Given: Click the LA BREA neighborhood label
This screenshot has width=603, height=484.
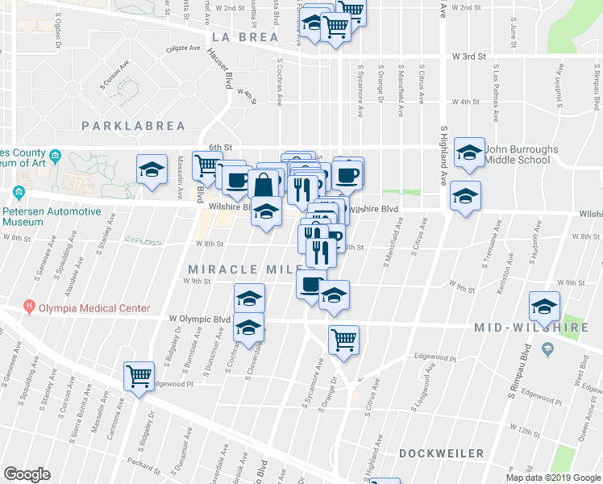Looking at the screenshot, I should (x=245, y=37).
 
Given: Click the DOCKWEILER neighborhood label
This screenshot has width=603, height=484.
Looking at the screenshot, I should (x=441, y=454).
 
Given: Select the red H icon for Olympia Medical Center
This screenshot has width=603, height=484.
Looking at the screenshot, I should (x=31, y=307).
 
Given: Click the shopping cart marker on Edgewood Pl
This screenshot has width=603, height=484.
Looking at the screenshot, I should (x=139, y=376).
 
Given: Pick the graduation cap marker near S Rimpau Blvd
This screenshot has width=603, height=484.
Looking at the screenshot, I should (x=545, y=307).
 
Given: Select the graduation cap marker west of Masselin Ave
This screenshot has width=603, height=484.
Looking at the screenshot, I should (x=152, y=169).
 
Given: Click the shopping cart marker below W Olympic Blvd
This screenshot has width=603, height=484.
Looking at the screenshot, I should (x=343, y=340).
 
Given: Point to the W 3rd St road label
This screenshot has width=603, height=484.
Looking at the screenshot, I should (x=470, y=56).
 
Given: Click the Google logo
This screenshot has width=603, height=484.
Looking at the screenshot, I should (x=27, y=474).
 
